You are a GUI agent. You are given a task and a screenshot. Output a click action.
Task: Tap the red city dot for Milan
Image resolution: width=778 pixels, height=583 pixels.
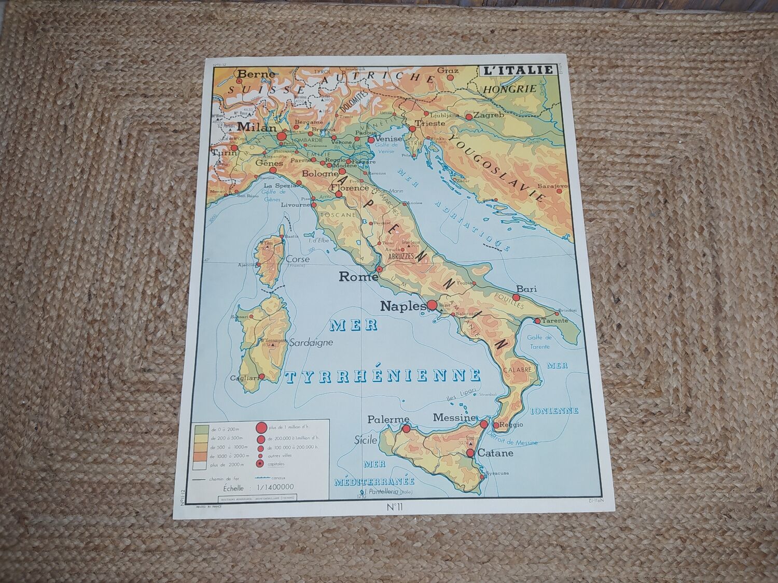click(282, 137)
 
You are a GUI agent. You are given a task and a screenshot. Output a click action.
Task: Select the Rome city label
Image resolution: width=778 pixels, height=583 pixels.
click(358, 277)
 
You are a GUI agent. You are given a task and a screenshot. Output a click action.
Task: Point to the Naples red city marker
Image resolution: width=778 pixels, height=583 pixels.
click(431, 305)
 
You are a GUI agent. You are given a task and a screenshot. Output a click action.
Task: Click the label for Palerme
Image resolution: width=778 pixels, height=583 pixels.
click(388, 419)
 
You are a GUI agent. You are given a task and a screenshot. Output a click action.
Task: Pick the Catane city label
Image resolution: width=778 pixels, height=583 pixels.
click(496, 453)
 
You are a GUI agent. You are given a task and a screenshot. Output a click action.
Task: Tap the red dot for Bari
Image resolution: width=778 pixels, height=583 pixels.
click(516, 297)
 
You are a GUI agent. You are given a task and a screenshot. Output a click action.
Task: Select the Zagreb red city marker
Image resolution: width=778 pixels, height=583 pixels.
click(469, 117)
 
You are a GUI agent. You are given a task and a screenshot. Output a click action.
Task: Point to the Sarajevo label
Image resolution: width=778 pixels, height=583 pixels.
click(553, 184)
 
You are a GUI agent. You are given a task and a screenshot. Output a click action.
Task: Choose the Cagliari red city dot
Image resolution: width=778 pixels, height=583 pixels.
click(262, 377)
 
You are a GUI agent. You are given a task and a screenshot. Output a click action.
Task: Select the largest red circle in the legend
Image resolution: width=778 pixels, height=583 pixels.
click(261, 428)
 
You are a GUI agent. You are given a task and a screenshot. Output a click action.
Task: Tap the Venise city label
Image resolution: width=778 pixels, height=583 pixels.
click(389, 139)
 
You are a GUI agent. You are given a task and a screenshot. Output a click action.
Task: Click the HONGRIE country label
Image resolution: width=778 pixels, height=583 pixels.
click(502, 89)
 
